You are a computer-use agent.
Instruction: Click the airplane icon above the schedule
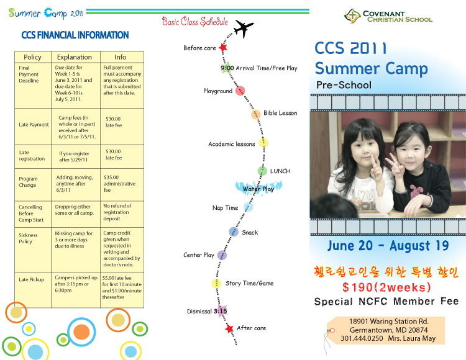[244, 28]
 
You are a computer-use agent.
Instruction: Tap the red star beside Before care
[223, 47]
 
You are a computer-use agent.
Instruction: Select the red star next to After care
[229, 328]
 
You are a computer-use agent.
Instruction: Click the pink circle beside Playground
[240, 91]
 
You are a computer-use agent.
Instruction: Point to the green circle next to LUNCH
[262, 171]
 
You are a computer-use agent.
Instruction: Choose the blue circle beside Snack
[234, 232]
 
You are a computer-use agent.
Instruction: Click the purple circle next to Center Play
[222, 255]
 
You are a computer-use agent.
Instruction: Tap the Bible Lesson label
[280, 113]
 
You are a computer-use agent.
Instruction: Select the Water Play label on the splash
[258, 189]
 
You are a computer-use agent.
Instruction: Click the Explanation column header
[75, 57]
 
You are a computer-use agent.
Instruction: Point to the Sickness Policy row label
[28, 238]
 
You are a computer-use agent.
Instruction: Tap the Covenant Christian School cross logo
[352, 16]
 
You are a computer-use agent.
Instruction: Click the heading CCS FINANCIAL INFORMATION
[75, 35]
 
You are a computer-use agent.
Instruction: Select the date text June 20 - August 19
[388, 246]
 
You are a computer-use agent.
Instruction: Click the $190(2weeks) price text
[386, 287]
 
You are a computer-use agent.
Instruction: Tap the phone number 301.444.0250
[362, 338]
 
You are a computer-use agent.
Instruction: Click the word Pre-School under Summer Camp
[344, 85]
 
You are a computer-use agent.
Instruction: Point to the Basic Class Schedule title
[195, 21]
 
